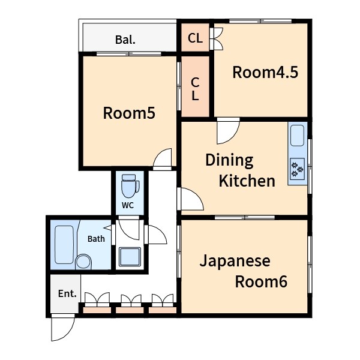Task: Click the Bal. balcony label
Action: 125,40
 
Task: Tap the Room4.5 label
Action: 265,73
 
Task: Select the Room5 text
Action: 129,113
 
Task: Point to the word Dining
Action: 229,161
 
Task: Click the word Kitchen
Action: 247,181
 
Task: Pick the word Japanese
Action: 235,262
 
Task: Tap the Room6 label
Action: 261,282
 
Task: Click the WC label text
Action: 128,205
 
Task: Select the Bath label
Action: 96,239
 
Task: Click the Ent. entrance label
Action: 67,293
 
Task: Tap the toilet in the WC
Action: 130,186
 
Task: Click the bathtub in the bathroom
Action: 64,245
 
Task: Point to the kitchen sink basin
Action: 298,136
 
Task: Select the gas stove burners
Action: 298,169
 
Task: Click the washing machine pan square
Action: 130,257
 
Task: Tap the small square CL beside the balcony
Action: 195,37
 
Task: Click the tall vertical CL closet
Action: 195,87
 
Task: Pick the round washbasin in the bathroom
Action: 83,262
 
